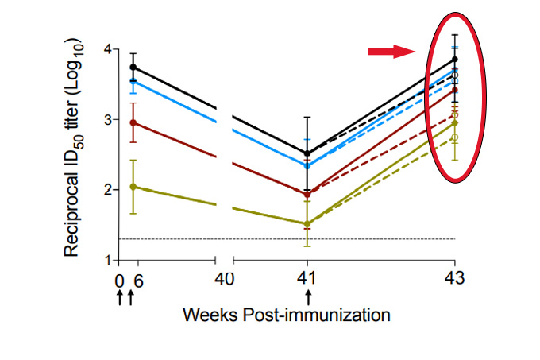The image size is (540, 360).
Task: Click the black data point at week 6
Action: click(133, 68)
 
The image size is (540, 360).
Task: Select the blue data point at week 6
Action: click(133, 81)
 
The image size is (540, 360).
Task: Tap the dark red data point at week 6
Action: click(133, 123)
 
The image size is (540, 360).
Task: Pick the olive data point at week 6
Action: click(133, 187)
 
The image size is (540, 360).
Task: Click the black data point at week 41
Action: click(307, 153)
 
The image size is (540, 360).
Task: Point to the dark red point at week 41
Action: click(307, 194)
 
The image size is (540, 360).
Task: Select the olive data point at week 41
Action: click(307, 223)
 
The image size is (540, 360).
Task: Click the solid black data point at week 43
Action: click(455, 60)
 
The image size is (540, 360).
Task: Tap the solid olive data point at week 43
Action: click(455, 123)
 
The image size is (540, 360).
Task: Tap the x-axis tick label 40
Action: click(224, 279)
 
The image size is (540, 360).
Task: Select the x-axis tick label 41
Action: click(307, 279)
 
